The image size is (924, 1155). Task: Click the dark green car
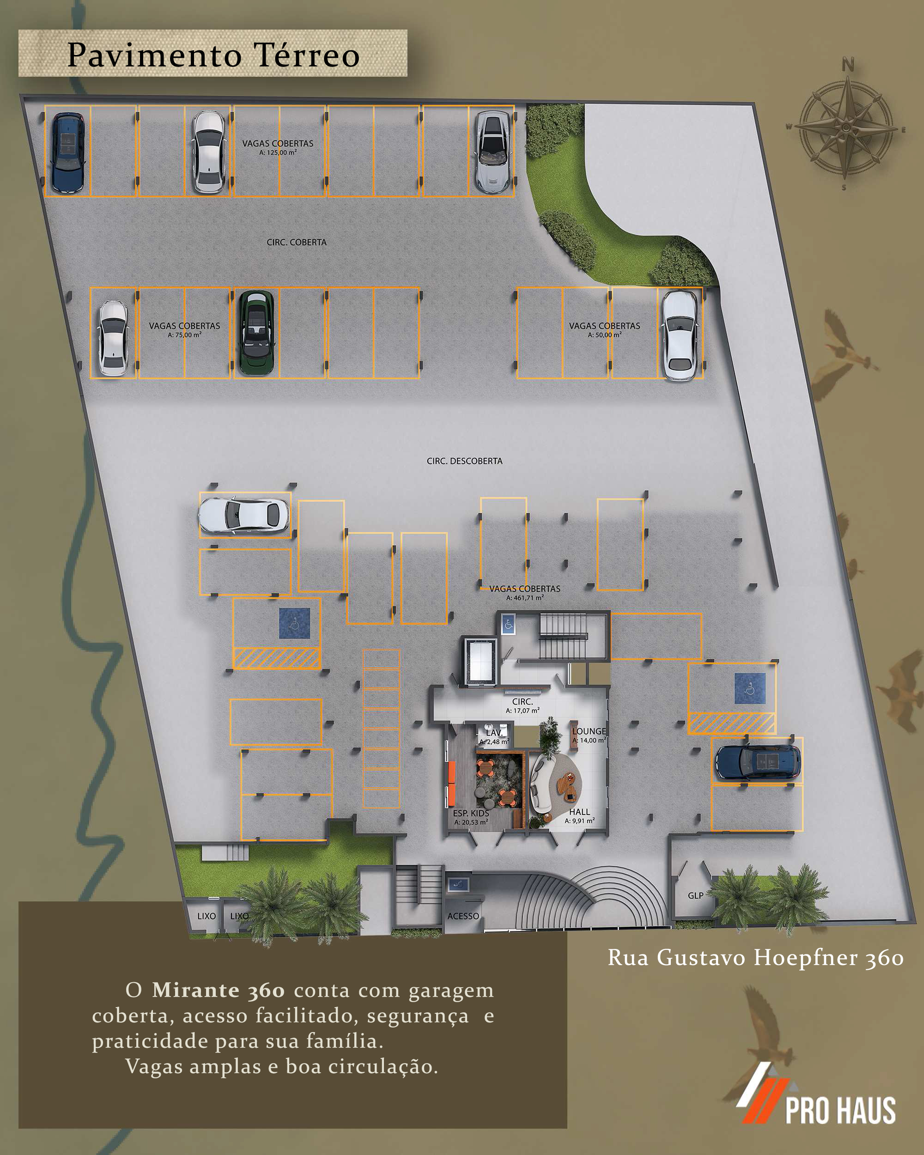[x=256, y=333]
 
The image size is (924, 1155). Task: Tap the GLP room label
[x=695, y=895]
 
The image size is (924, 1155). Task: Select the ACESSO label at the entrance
[x=463, y=916]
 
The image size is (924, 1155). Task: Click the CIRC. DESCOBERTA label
[x=464, y=461]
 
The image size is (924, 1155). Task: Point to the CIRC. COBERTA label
[x=296, y=242]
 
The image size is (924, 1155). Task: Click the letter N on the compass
[x=848, y=65]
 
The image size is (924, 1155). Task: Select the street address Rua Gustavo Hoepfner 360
[x=755, y=957]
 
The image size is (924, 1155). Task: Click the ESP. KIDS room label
[x=471, y=813]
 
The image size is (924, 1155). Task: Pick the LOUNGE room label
[x=589, y=731]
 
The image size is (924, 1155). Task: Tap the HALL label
[x=579, y=812]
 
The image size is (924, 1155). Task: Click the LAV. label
[x=494, y=732]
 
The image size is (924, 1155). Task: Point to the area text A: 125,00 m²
[x=278, y=152]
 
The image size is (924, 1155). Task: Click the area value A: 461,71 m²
[x=525, y=598]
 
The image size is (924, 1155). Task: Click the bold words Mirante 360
[x=218, y=990]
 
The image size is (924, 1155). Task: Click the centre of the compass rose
[x=845, y=128]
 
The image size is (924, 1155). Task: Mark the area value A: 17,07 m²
[x=522, y=711]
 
